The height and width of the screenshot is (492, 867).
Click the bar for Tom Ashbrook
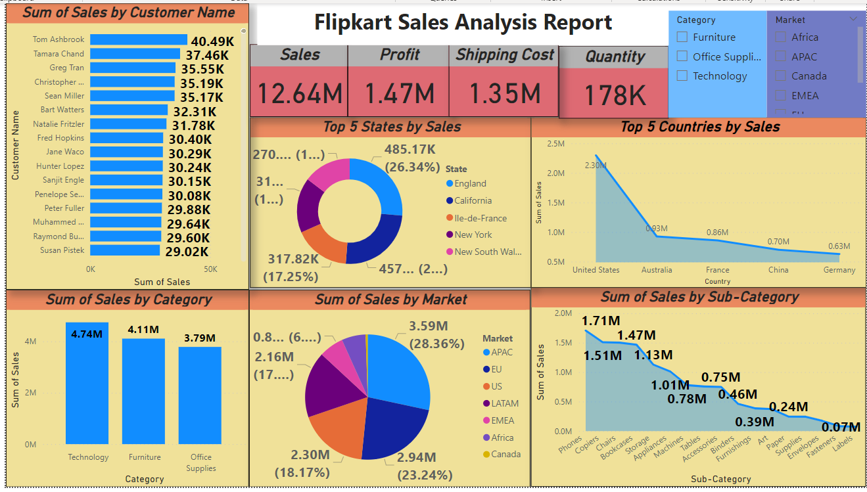click(138, 40)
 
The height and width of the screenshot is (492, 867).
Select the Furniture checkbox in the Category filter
click(682, 37)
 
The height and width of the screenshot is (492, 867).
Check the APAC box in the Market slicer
click(781, 56)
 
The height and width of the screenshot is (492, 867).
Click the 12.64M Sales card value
click(299, 93)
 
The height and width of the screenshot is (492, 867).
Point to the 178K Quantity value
click(614, 96)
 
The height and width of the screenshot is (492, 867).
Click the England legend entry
click(470, 184)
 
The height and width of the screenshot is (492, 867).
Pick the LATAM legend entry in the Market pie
click(504, 403)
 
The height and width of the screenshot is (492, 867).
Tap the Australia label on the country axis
click(657, 270)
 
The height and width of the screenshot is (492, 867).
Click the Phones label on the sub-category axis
click(570, 447)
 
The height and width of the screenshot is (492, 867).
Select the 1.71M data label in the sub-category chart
click(600, 321)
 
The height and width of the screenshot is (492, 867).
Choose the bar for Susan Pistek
click(125, 250)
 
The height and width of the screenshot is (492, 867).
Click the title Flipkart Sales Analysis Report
click(463, 23)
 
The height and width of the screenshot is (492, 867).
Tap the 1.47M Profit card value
click(399, 93)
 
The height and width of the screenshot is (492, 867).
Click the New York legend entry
click(473, 235)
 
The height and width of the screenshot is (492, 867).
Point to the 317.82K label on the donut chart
click(293, 259)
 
